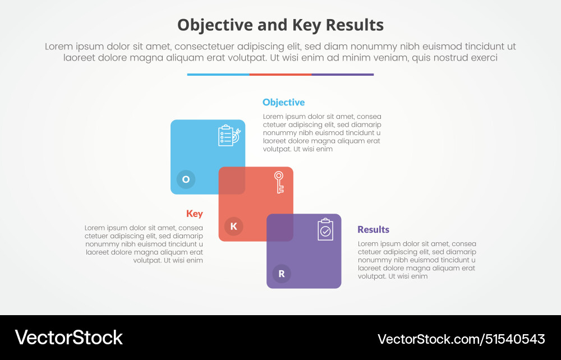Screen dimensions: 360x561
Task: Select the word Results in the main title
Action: click(357, 25)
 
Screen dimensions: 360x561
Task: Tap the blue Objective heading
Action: click(283, 102)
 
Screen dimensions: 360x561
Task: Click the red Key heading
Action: click(195, 214)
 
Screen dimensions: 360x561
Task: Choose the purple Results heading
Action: click(373, 229)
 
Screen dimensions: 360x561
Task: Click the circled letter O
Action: click(186, 179)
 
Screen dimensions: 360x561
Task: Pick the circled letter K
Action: click(233, 227)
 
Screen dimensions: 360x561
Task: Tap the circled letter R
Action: click(282, 274)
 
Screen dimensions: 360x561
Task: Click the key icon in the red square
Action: click(279, 182)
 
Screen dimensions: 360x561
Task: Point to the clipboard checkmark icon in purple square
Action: click(325, 229)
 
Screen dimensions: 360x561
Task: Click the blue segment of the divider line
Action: click(218, 74)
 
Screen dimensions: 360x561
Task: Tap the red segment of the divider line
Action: click(280, 74)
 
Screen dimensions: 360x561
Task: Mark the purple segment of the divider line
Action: click(343, 74)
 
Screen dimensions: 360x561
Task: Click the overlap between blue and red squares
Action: click(232, 181)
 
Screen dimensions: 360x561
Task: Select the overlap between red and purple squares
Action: click(280, 228)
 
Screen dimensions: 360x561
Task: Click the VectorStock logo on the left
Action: click(68, 338)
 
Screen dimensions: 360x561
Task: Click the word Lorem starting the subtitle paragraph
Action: click(59, 47)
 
